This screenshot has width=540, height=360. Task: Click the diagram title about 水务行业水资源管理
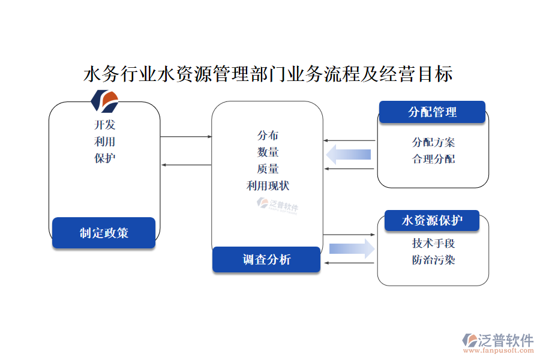pos(268,74)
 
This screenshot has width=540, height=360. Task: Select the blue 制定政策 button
pos(104,233)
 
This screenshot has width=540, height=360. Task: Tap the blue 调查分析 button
pos(266,259)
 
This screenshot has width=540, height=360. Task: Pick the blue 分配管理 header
pos(432,112)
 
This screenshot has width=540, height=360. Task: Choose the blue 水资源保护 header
pos(432,221)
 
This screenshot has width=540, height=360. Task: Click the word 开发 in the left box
pos(104,125)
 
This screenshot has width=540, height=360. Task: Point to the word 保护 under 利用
pos(104,158)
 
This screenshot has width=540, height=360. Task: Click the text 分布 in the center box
pos(268,136)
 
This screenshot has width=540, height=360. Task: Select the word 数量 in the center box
pos(268,152)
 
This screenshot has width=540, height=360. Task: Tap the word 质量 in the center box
pos(268,169)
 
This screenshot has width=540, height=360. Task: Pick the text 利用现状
pos(268,186)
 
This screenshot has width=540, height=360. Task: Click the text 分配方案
pos(433,142)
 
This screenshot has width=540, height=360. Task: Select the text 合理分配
pos(433,159)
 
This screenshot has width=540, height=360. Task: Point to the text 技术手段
pos(433,243)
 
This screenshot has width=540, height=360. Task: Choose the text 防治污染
pos(433,260)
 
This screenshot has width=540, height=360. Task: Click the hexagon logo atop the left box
pos(105,101)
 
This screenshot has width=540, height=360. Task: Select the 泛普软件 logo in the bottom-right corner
pos(497,341)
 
